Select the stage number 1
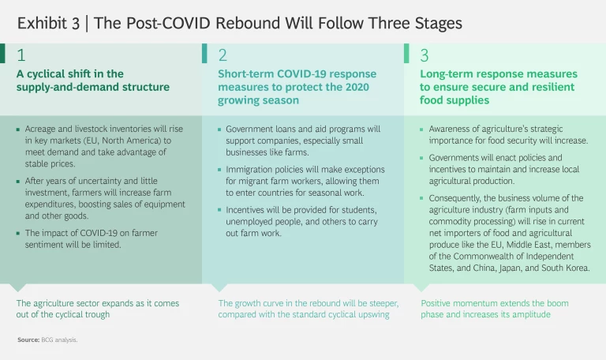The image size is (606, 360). tap(21, 56)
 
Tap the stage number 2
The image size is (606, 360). tap(223, 56)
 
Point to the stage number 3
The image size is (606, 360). tap(425, 56)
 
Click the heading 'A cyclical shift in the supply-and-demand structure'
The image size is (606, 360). tap(93, 81)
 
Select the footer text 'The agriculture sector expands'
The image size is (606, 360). tap(95, 309)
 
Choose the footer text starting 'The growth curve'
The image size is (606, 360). tap(309, 309)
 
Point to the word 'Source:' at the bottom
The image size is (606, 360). tap(28, 339)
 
